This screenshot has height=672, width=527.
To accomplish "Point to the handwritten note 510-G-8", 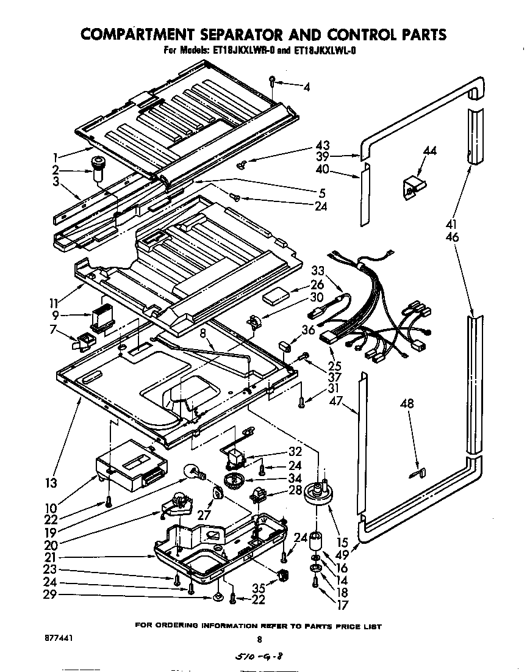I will point(260,657).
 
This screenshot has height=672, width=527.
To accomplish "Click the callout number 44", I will point(430,151).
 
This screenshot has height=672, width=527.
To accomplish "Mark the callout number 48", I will point(408,403).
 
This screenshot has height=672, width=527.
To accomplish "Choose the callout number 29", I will point(52,594).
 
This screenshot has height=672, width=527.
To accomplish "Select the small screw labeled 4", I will point(273,80).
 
